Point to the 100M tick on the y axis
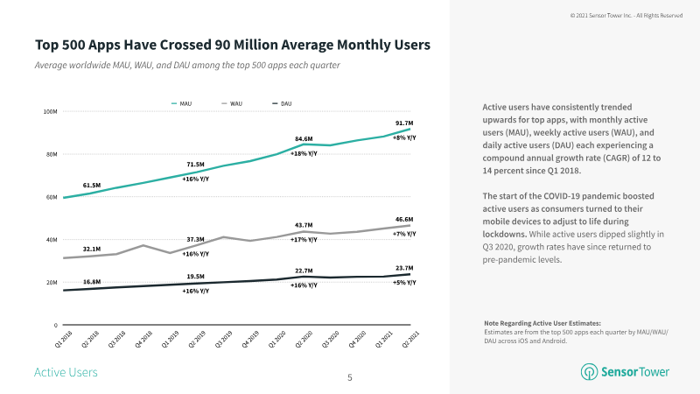(x=50, y=111)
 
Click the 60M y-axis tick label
(x=50, y=197)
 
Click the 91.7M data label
(x=403, y=123)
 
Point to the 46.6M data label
(x=403, y=221)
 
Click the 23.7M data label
(x=403, y=268)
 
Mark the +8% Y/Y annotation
(x=403, y=137)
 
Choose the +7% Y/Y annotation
(x=403, y=235)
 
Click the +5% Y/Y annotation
(x=403, y=283)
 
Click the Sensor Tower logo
(x=625, y=372)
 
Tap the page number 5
(x=350, y=377)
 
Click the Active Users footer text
(x=66, y=373)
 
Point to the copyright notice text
(x=626, y=16)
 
